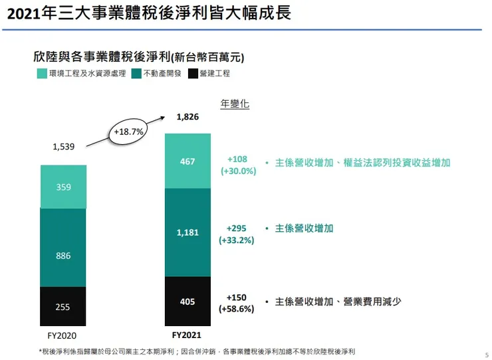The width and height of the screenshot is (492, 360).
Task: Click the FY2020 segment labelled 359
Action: point(63,187)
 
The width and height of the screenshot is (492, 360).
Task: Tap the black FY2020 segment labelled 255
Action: point(63,306)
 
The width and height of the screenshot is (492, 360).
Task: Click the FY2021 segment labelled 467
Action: point(187,161)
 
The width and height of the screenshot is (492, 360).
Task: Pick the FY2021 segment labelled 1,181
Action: point(187,232)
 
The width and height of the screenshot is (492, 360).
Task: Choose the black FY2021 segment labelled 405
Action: point(187,302)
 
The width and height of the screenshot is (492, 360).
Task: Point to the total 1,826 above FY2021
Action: point(187,117)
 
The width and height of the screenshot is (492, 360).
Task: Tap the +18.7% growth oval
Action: point(129,132)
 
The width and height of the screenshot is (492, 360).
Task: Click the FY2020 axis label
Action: point(63,335)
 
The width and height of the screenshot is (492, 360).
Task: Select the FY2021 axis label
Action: point(187,335)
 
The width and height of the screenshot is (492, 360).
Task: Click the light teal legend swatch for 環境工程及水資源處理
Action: point(41,74)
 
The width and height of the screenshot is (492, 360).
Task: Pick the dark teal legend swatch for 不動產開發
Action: point(137,74)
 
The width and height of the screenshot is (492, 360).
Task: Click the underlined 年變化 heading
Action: point(234,104)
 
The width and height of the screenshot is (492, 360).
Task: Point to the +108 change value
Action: point(237,159)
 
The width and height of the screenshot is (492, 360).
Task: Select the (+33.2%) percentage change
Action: point(237,240)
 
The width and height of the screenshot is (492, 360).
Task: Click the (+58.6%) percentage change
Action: point(237,309)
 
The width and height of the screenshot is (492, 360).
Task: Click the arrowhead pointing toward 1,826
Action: point(164,117)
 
